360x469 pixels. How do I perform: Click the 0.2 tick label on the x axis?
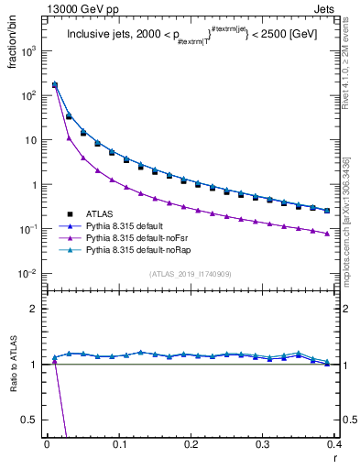pyautogui.click(x=191, y=442)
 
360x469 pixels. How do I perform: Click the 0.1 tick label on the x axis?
pyautogui.click(x=118, y=442)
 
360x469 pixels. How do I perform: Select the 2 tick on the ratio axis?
pyautogui.click(x=34, y=309)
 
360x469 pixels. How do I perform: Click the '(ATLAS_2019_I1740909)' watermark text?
pyautogui.click(x=191, y=274)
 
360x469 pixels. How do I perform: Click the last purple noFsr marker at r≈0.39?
pyautogui.click(x=327, y=234)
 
